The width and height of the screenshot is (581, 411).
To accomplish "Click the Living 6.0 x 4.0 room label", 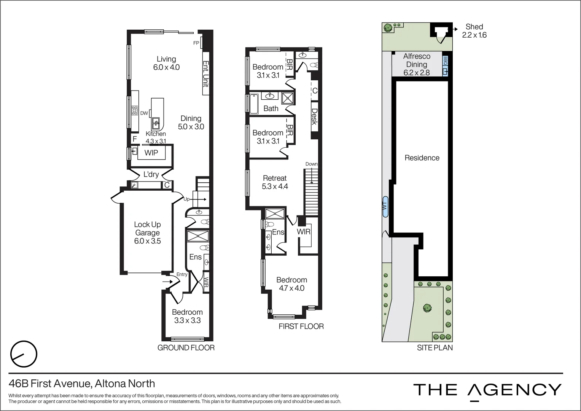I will (x=166, y=63).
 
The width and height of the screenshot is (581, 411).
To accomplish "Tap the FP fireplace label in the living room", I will (x=196, y=43).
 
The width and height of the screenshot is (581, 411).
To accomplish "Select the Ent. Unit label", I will (x=206, y=74).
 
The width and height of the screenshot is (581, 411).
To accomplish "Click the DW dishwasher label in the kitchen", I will (x=144, y=113).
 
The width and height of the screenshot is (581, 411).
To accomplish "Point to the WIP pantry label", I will (x=151, y=153).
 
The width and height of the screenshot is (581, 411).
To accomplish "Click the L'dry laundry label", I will (x=151, y=174).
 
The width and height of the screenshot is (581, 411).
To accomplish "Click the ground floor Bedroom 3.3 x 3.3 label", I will (x=187, y=316).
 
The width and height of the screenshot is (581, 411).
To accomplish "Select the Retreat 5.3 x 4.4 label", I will (x=275, y=182).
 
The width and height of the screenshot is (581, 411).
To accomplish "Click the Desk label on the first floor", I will (x=314, y=117).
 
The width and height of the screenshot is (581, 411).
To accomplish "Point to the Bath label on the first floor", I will (x=271, y=108).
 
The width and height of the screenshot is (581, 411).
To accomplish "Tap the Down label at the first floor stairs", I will (x=311, y=164).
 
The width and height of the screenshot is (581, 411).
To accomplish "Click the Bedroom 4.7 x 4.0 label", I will (x=291, y=284).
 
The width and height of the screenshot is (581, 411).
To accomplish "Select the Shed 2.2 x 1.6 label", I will (x=474, y=31).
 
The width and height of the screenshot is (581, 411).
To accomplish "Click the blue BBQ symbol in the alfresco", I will (x=445, y=65).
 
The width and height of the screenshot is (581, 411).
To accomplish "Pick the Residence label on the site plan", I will (x=422, y=158).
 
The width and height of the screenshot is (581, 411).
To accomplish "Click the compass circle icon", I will (x=24, y=354).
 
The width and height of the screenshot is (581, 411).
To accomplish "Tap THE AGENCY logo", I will (x=487, y=390).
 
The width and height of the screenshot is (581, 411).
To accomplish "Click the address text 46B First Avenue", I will (x=82, y=383).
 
